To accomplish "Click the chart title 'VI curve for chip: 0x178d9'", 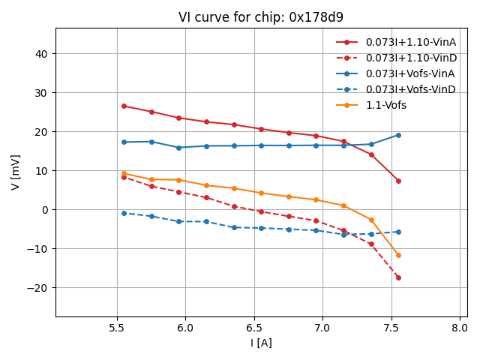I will [261, 17].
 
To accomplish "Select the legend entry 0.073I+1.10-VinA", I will [410, 42].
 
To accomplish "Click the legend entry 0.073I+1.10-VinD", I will [410, 58].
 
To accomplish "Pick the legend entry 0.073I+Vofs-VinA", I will [410, 73].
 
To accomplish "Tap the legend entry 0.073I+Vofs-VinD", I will [410, 89].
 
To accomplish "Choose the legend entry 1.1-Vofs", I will [385, 105].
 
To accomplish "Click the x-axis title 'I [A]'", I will [261, 343].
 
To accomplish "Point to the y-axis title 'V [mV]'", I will [16, 172].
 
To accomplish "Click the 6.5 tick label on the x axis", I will [254, 328].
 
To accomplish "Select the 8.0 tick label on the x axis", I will [460, 328].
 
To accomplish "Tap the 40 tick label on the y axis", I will [41, 54].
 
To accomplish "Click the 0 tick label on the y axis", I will [45, 210].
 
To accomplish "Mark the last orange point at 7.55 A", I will [398, 255].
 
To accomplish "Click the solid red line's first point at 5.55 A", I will [124, 106].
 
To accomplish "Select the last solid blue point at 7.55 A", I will [398, 135].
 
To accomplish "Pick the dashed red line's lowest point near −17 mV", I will [398, 277].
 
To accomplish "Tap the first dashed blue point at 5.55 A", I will [124, 213].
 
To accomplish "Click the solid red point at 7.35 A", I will [371, 154].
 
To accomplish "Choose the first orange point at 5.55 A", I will [124, 173].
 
